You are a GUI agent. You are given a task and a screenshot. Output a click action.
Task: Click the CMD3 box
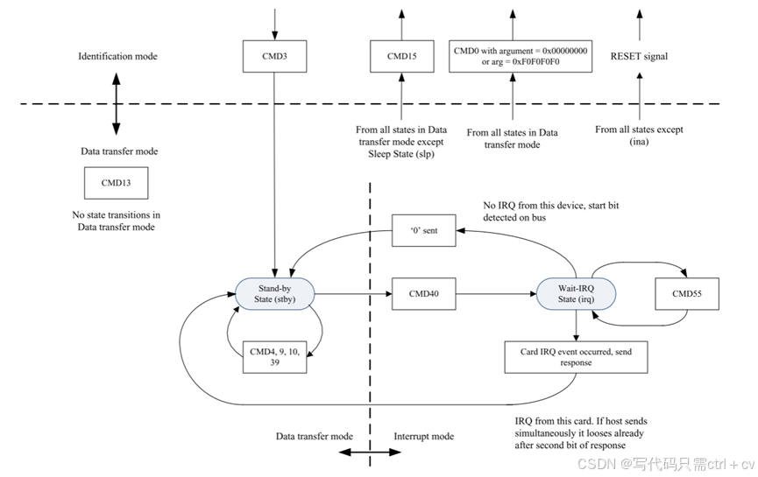pyautogui.click(x=274, y=57)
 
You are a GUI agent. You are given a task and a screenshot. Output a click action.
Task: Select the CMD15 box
pyautogui.click(x=401, y=57)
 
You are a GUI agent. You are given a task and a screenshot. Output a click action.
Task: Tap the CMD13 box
pyautogui.click(x=116, y=183)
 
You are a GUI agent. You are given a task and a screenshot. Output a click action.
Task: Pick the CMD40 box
pyautogui.click(x=423, y=293)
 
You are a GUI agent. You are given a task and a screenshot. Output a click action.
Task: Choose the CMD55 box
pyautogui.click(x=687, y=293)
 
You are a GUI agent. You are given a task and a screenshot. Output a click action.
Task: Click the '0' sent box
pyautogui.click(x=423, y=230)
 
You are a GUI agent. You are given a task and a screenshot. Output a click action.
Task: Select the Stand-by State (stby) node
pyautogui.click(x=274, y=293)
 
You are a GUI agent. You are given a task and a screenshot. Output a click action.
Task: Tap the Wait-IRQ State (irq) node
pyautogui.click(x=576, y=293)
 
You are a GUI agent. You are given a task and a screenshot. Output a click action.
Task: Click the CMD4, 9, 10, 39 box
pyautogui.click(x=274, y=357)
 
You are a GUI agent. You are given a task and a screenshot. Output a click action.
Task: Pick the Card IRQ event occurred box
pyautogui.click(x=576, y=357)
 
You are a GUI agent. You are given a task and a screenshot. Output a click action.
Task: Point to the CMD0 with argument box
pyautogui.click(x=521, y=57)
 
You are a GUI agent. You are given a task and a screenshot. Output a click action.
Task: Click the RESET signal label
pyautogui.click(x=639, y=57)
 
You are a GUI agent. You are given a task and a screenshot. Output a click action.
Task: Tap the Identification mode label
pyautogui.click(x=118, y=57)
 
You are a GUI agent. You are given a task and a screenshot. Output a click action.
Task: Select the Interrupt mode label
pyautogui.click(x=423, y=437)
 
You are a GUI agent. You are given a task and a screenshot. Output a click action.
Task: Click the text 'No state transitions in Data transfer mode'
pyautogui.click(x=116, y=221)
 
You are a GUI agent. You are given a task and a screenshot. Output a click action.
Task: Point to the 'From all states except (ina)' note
pyautogui.click(x=639, y=136)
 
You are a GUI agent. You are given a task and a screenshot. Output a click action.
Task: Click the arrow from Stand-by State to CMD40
pyautogui.click(x=353, y=293)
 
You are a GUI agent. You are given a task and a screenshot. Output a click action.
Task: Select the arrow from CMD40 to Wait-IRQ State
pyautogui.click(x=496, y=293)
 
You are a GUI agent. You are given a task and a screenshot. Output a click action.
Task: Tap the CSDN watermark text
pyautogui.click(x=666, y=465)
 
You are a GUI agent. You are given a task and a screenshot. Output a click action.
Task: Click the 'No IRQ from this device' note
pyautogui.click(x=550, y=212)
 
